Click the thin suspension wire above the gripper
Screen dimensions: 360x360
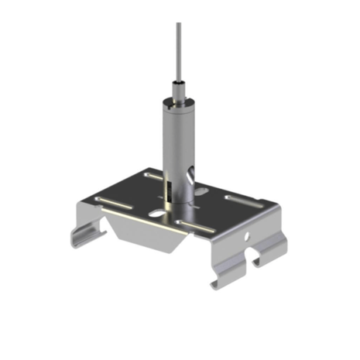(179, 46)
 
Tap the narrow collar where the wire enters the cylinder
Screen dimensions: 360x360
(179, 87)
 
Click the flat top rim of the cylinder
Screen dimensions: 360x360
(180, 100)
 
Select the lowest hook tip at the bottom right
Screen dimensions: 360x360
(215, 284)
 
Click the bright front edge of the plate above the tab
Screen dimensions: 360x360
(147, 219)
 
